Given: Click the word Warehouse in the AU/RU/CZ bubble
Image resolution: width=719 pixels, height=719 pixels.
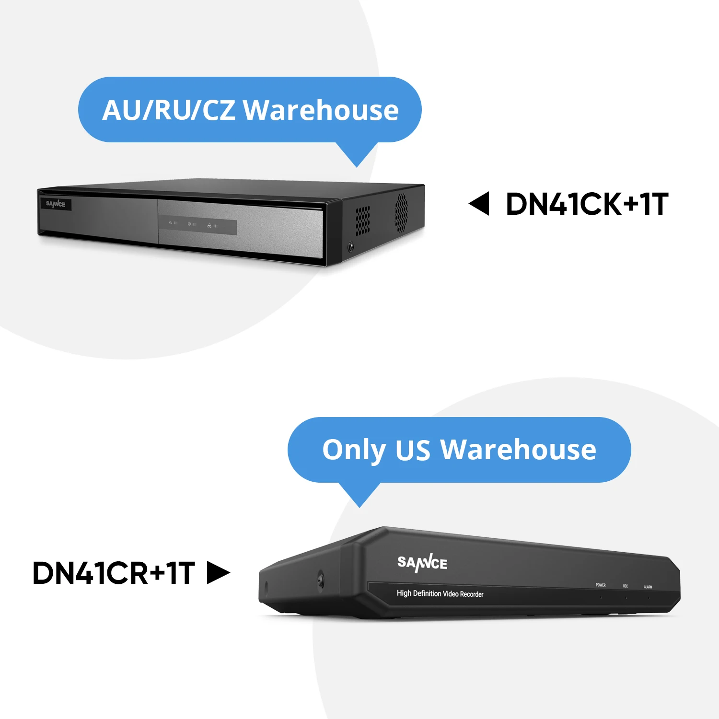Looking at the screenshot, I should (321, 110).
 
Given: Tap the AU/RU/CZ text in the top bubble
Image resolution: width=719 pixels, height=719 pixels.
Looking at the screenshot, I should (169, 110).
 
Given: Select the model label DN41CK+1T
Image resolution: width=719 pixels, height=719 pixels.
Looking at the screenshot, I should (587, 204).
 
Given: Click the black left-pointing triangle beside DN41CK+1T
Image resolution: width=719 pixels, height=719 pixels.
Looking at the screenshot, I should (479, 204).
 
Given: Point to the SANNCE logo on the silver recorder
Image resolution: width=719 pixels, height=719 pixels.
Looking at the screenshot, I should (56, 204).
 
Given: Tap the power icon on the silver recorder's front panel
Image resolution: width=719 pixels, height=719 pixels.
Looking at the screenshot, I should (171, 223).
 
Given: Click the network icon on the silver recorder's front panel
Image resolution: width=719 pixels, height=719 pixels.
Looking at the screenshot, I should (209, 225).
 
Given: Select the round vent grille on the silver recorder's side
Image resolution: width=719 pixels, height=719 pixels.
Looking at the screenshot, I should (401, 213).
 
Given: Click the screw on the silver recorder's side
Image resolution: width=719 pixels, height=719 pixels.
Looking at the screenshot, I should (351, 247).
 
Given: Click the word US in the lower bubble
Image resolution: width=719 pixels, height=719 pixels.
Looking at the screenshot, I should (413, 450).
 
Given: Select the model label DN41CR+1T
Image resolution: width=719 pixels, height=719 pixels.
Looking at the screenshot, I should (114, 573).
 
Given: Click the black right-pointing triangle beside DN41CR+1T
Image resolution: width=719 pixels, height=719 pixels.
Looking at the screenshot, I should (218, 573).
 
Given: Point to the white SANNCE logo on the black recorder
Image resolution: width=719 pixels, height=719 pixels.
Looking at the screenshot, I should (422, 563).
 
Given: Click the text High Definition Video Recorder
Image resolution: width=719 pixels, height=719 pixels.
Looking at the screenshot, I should (440, 593).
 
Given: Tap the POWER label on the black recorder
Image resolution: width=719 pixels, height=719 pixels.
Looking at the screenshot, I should (601, 585).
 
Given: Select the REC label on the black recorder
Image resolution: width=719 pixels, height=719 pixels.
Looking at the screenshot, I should (626, 586).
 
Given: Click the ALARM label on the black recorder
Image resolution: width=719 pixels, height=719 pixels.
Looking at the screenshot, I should (648, 587).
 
